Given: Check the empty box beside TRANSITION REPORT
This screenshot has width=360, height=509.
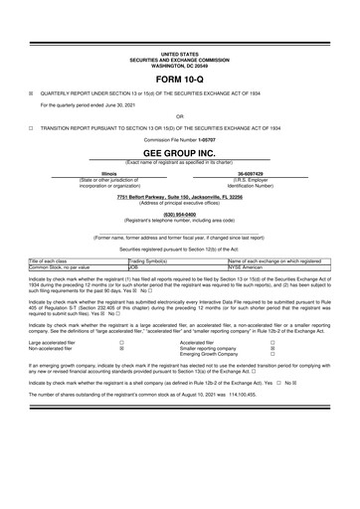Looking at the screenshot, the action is tap(31, 128).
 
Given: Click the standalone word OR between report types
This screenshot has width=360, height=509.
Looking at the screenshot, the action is tap(180, 116).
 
